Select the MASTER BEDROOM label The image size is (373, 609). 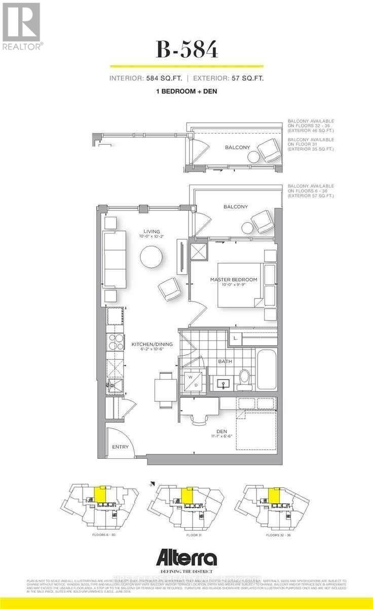pos(234,280)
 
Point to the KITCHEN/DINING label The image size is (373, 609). pos(152,344)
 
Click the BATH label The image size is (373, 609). pos(225,362)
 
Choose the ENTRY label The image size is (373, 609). pos(120,447)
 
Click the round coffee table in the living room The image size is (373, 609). pos(153,257)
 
